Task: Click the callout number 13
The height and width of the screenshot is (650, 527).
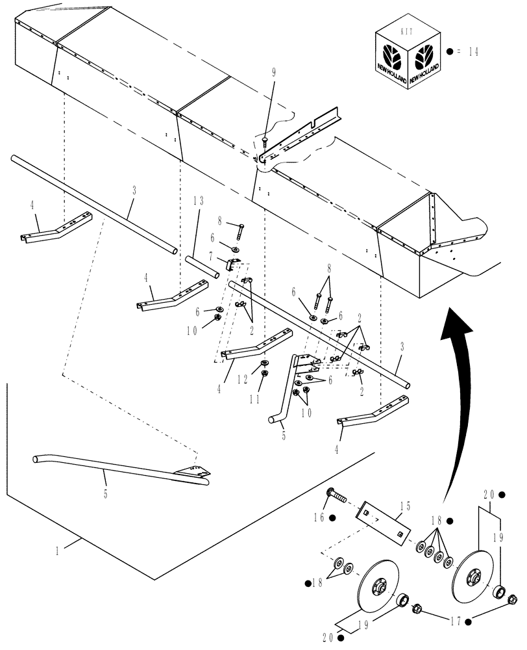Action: pyautogui.click(x=198, y=201)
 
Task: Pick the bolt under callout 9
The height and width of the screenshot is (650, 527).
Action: pyautogui.click(x=265, y=140)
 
